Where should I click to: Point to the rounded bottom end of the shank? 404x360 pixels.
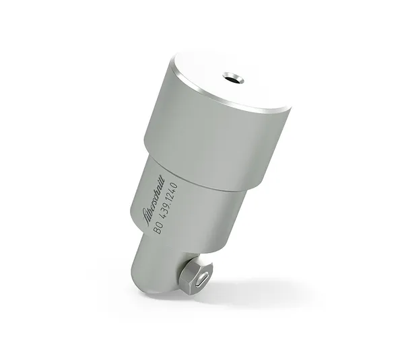pos(151,283)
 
